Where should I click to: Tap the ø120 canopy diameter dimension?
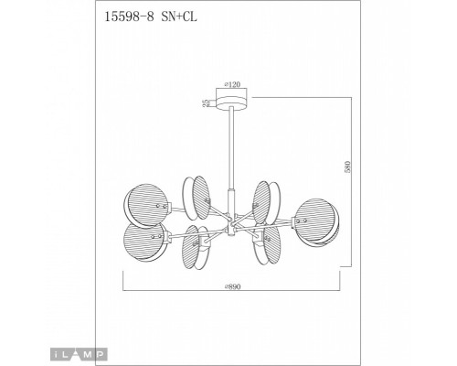click(232, 84)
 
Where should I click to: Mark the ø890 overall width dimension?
click(232, 285)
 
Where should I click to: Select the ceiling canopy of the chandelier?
click(233, 102)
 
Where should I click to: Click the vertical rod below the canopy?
click(233, 156)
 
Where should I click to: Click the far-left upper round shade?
click(145, 205)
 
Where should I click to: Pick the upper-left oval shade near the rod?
click(197, 194)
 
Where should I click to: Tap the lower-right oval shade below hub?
click(271, 247)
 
